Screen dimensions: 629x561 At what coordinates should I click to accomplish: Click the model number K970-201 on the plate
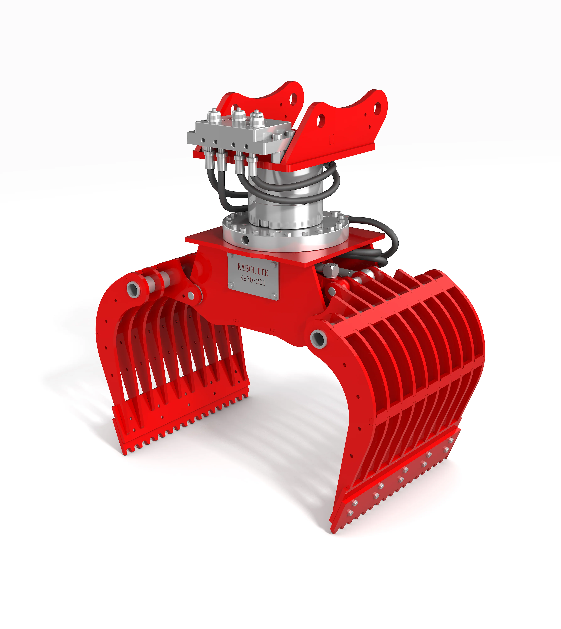click(252, 281)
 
